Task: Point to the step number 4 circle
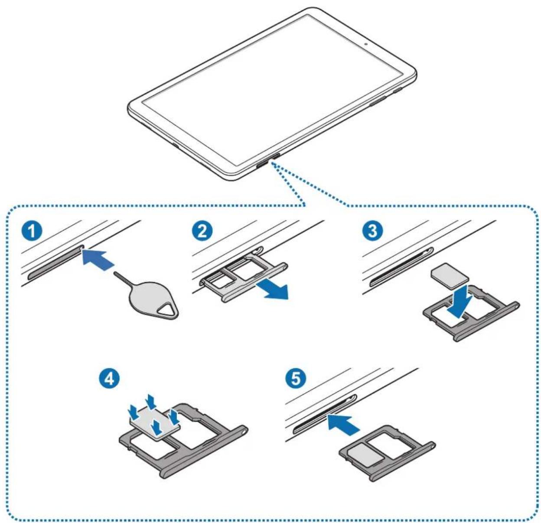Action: pos(109,378)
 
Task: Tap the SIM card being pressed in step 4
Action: pos(154,420)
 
